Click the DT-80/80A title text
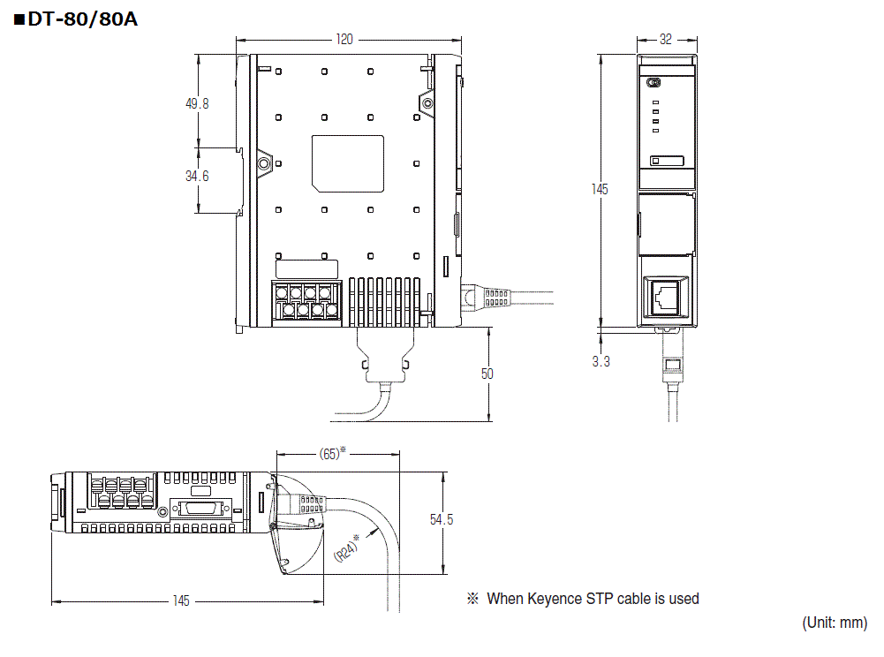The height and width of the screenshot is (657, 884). point(82,19)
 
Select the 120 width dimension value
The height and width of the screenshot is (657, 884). point(344,40)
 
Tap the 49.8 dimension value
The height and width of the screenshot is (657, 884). point(197,104)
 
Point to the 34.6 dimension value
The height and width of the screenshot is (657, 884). point(197,177)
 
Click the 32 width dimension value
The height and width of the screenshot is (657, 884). point(666,40)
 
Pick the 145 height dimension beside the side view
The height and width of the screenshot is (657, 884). point(600,190)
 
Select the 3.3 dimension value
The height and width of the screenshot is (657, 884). point(601,361)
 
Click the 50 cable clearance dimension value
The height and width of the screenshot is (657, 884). point(487,374)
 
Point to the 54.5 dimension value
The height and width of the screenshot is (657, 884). point(442,519)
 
